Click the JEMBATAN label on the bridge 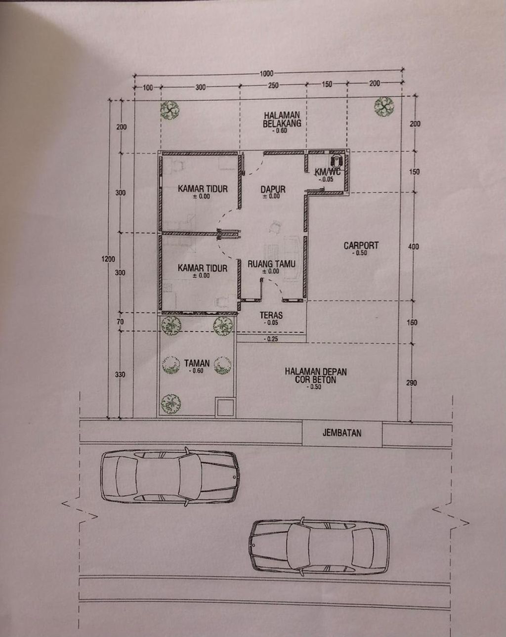point(342,433)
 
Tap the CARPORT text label point(361,246)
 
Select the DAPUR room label point(273,189)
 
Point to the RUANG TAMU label point(271,264)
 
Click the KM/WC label point(327,172)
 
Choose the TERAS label point(271,315)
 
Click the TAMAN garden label point(197,363)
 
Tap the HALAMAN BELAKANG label point(282,119)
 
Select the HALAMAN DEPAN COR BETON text point(315,376)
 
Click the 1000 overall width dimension point(266,74)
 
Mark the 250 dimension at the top point(273,85)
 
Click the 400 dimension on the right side point(414,246)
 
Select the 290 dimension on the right point(412,382)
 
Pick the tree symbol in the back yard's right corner point(383,105)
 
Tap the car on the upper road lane point(169,477)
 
